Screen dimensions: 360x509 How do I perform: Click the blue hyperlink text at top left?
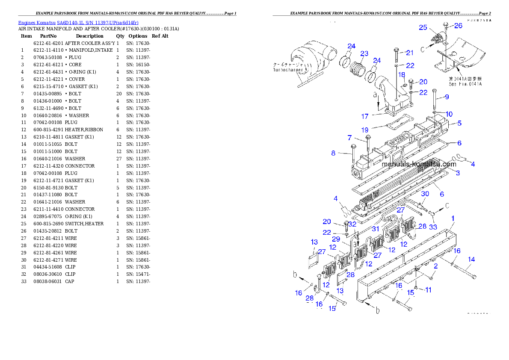pyautogui.click(x=78, y=22)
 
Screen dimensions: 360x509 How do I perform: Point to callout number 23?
pyautogui.click(x=364, y=53)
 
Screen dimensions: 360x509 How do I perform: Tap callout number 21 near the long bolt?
pyautogui.click(x=410, y=53)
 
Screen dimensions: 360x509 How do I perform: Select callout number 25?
pyautogui.click(x=423, y=27)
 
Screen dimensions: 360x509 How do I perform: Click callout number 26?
pyautogui.click(x=458, y=26)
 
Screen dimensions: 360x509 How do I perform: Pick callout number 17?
pyautogui.click(x=365, y=116)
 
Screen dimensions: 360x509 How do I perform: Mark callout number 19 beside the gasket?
pyautogui.click(x=364, y=130)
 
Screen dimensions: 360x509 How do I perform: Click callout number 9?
pyautogui.click(x=447, y=97)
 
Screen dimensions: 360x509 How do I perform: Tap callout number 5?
pyautogui.click(x=459, y=124)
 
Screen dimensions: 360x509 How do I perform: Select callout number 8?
pyautogui.click(x=333, y=153)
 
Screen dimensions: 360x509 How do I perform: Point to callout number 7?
pyautogui.click(x=349, y=138)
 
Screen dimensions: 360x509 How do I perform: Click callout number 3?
pyautogui.click(x=458, y=173)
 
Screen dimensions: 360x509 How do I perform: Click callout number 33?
pyautogui.click(x=433, y=227)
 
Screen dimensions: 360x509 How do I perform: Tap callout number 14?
pyautogui.click(x=471, y=260)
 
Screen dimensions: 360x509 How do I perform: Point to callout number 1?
pyautogui.click(x=453, y=218)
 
